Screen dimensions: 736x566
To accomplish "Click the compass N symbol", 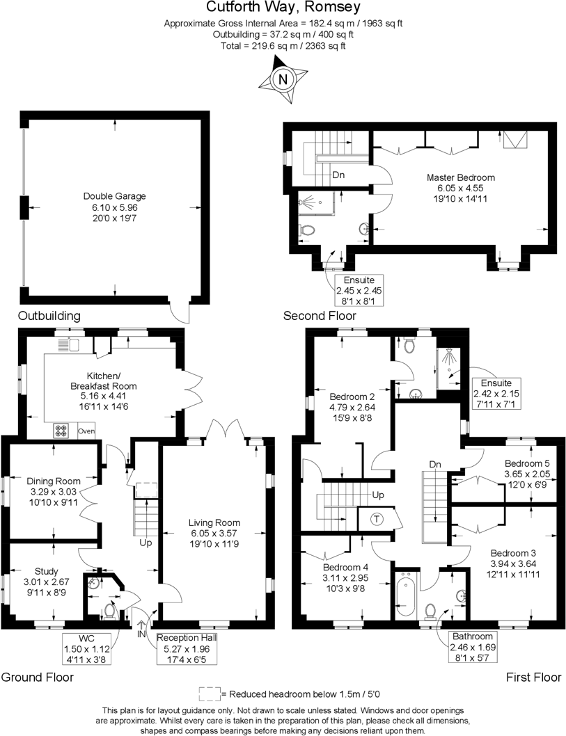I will click(283, 79).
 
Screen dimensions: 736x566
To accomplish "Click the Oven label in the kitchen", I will click(86, 431).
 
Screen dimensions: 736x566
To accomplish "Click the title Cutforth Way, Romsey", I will click(283, 8).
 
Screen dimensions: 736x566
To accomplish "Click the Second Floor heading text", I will click(320, 316).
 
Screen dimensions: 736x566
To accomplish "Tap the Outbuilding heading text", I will click(49, 316).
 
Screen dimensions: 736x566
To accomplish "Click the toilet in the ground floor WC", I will click(109, 610).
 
